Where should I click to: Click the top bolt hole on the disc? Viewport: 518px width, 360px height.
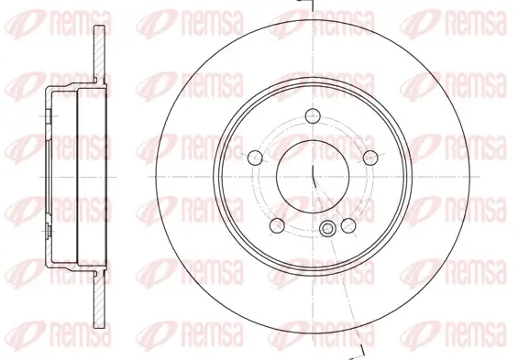click(x=312, y=115)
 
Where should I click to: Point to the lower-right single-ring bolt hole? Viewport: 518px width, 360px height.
click(x=348, y=224)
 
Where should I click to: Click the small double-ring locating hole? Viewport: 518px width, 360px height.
click(x=327, y=230)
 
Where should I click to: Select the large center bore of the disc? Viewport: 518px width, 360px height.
click(x=312, y=170)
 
